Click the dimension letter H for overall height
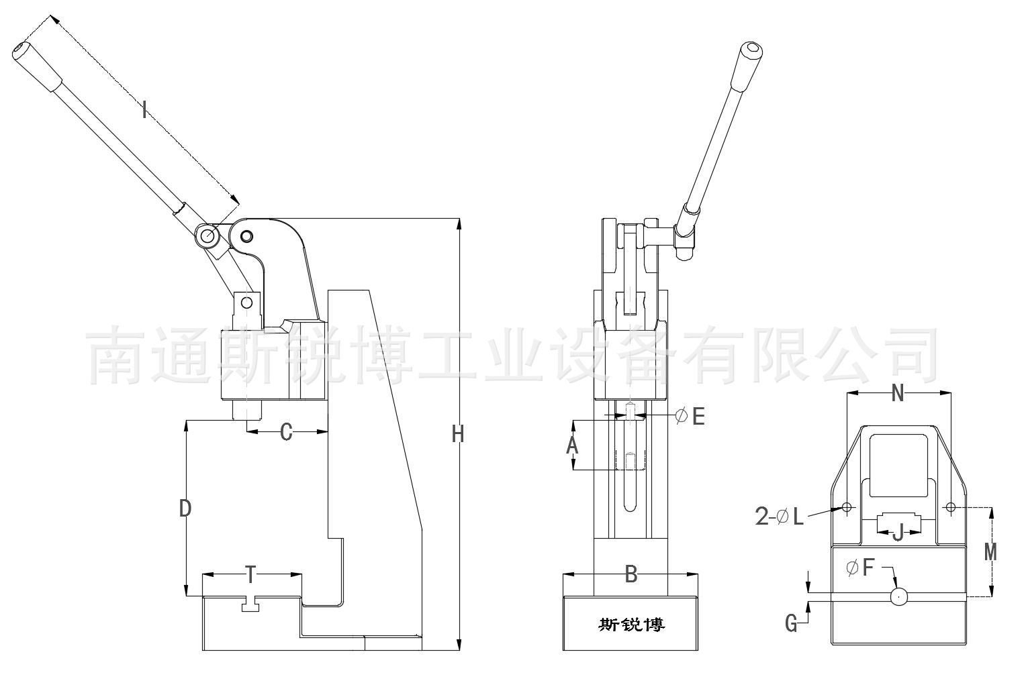(458, 435)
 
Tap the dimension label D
(185, 509)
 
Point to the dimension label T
(250, 574)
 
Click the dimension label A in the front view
(572, 445)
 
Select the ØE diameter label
(690, 417)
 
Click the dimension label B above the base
(631, 574)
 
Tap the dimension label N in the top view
(898, 394)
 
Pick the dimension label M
(990, 551)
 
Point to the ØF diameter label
(860, 568)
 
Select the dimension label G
(792, 624)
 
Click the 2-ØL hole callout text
(780, 517)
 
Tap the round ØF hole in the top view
(898, 596)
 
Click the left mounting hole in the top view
(847, 507)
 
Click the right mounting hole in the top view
(950, 507)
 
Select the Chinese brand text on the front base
(631, 625)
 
